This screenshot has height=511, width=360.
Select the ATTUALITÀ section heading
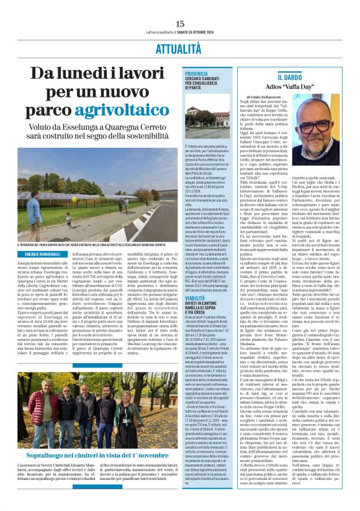180,48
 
